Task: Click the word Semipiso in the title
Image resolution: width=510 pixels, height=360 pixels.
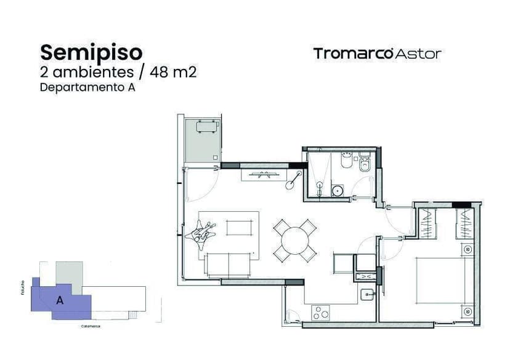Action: point(91,51)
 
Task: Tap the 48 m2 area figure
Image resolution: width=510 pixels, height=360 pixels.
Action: point(174,71)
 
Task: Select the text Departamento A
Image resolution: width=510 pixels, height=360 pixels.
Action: point(87,87)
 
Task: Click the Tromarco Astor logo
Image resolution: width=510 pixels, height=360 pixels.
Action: point(377,54)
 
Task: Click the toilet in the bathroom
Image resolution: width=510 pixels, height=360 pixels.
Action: point(364,164)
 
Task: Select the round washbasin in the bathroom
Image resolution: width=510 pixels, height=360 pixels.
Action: point(338,190)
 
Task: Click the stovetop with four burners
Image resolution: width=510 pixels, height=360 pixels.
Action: point(321,313)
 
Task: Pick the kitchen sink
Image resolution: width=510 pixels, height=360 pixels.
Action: point(367,295)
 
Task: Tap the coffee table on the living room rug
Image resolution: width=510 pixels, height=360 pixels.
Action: point(240,228)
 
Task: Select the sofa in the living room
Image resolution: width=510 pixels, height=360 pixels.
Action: point(229,265)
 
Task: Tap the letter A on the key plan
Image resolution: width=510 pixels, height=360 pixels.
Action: point(60,301)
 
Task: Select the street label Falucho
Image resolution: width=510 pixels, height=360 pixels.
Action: point(23,287)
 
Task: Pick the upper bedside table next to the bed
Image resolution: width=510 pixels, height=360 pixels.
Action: point(467,249)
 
